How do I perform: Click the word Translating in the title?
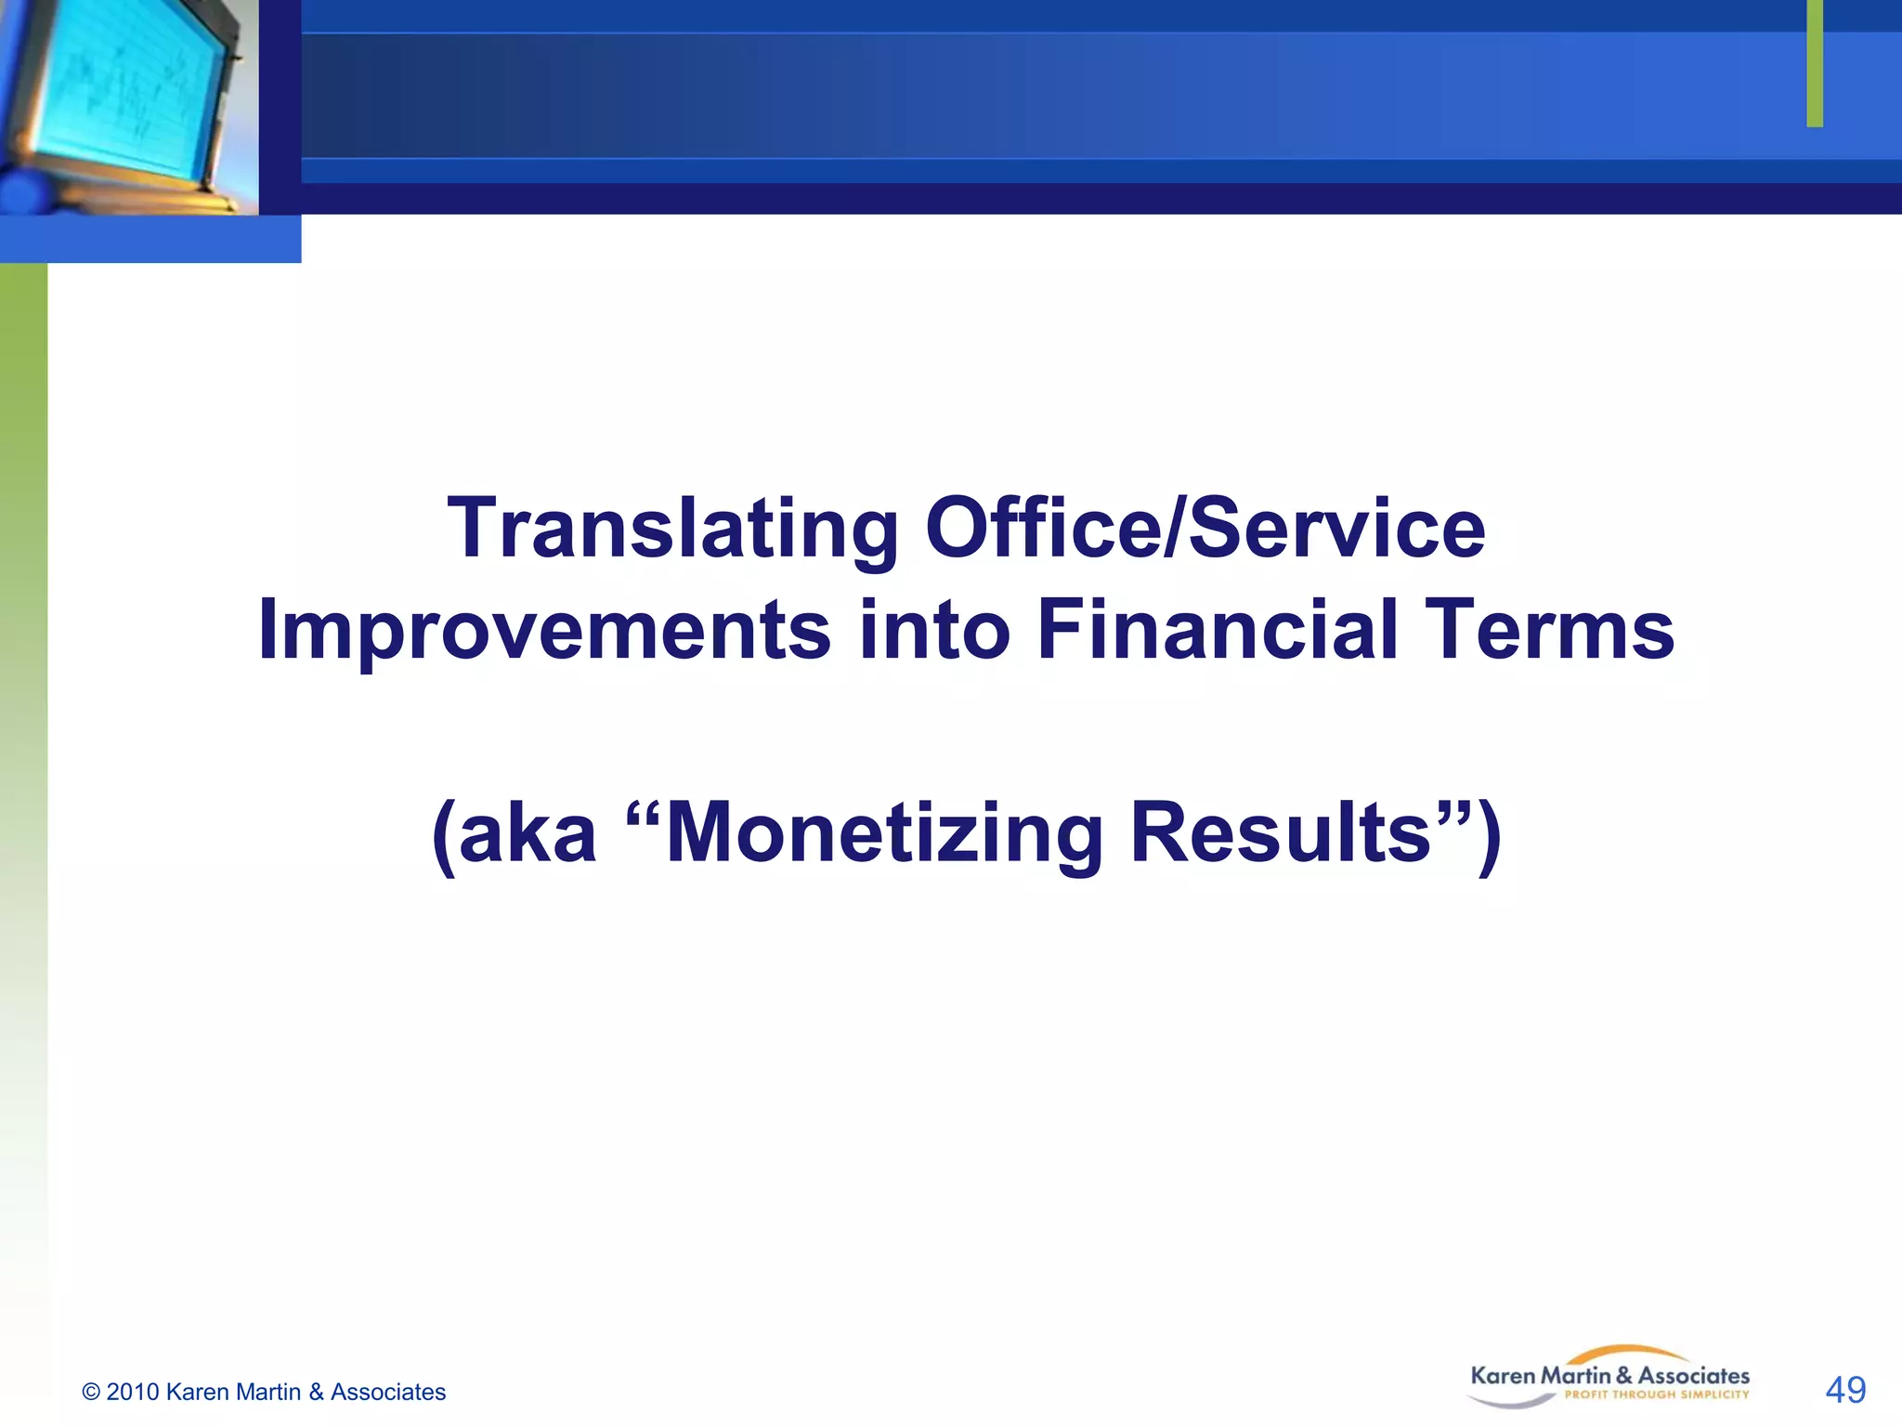coord(672,530)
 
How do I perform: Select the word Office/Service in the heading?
coord(1205,528)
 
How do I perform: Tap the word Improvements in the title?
coord(543,630)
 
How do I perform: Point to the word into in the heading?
coord(933,630)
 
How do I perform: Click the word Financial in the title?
coord(1217,630)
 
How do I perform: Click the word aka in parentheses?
coord(527,832)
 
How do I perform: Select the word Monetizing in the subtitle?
coord(882,832)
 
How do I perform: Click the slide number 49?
coord(1844,1390)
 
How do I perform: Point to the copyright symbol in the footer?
coord(91,1392)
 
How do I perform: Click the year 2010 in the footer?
coord(133,1392)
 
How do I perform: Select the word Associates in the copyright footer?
coord(388,1392)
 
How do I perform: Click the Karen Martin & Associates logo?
coord(1609,1377)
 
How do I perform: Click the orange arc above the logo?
coord(1635,1352)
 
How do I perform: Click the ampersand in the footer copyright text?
coord(316,1392)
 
